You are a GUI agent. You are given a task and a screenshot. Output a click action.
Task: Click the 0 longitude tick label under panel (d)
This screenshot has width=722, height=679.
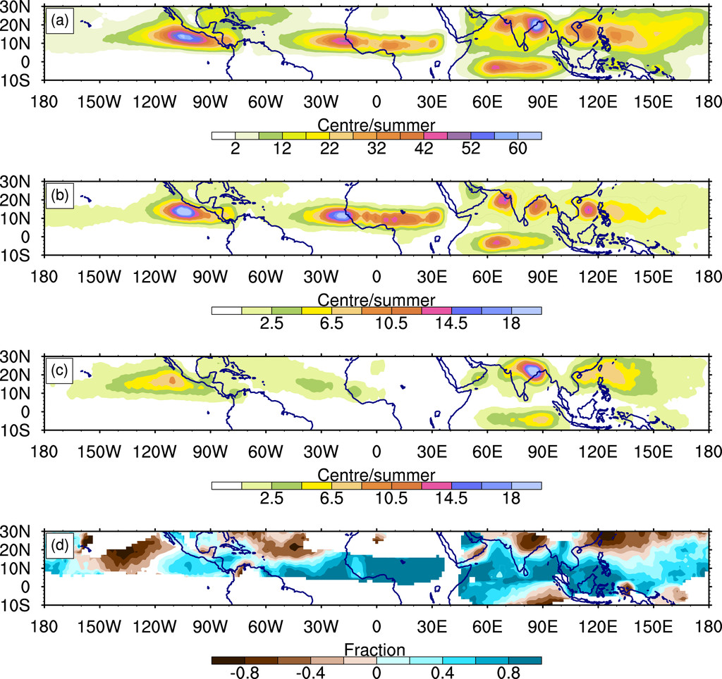pyautogui.click(x=377, y=625)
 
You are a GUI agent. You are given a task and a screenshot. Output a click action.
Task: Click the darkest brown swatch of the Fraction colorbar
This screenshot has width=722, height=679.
pyautogui.click(x=227, y=660)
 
